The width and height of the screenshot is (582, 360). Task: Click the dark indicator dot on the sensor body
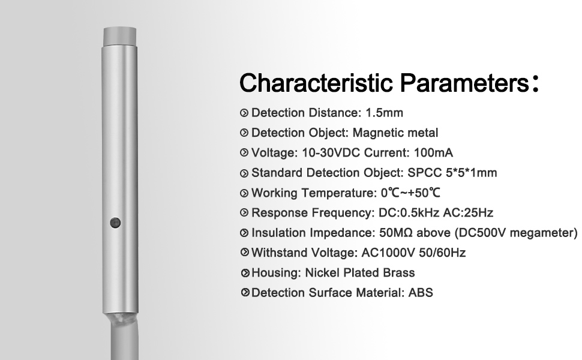(x=115, y=223)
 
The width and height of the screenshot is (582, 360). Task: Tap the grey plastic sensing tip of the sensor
(x=120, y=37)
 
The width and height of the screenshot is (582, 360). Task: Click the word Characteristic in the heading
(x=316, y=83)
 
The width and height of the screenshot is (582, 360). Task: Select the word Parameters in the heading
(x=464, y=83)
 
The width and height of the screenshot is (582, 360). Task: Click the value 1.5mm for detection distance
(x=384, y=113)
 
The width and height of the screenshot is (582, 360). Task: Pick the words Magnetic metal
(x=395, y=133)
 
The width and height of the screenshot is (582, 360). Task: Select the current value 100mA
(x=433, y=153)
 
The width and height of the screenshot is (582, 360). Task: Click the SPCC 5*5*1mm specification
(x=452, y=173)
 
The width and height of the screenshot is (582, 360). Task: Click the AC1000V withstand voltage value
(x=388, y=253)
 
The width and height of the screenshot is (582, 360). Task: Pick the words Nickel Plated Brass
(x=359, y=273)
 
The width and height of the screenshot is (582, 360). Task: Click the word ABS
(x=421, y=293)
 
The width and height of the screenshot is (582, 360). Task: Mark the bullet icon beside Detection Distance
(x=244, y=113)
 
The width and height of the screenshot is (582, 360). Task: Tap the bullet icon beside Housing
(x=245, y=273)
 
